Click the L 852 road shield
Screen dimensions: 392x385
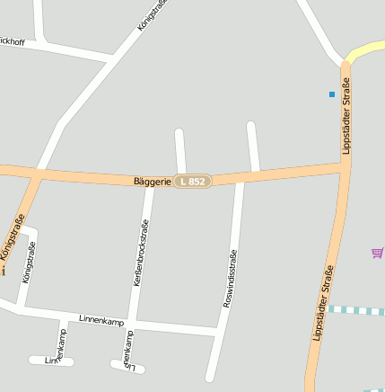pyautogui.click(x=192, y=181)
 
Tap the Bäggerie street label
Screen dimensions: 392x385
pyautogui.click(x=152, y=181)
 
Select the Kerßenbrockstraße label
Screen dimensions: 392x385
pyautogui.click(x=140, y=254)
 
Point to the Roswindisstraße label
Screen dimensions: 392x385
pyautogui.click(x=230, y=279)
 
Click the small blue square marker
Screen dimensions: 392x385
pyautogui.click(x=332, y=94)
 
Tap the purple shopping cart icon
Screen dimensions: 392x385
pyautogui.click(x=377, y=253)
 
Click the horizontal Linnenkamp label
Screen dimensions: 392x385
pyautogui.click(x=100, y=319)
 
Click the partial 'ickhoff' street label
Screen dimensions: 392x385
pyautogui.click(x=13, y=41)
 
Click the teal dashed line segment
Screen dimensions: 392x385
pyautogui.click(x=356, y=310)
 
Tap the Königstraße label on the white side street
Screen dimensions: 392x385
pyautogui.click(x=29, y=263)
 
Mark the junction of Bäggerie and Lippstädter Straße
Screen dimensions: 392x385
pyautogui.click(x=345, y=165)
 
